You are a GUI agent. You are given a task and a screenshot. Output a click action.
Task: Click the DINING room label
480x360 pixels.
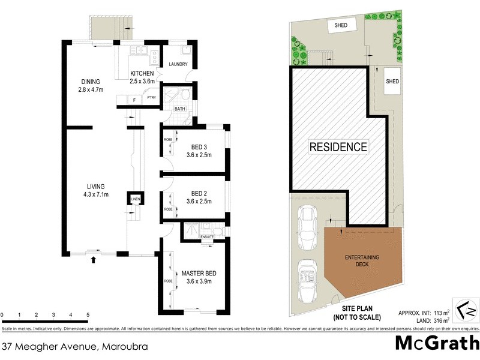(91, 82)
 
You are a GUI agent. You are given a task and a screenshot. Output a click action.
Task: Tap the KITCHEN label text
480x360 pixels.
(143, 74)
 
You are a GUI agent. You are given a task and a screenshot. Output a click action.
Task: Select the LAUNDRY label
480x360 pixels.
(178, 64)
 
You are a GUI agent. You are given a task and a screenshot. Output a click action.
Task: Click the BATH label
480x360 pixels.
(179, 109)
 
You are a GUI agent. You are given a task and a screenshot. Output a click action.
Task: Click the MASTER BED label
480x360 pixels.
(200, 273)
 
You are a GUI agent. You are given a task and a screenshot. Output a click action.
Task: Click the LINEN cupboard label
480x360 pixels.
(136, 199)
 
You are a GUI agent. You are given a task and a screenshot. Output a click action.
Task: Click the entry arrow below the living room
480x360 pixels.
(93, 260)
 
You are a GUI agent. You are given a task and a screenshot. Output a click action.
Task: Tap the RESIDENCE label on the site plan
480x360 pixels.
(338, 146)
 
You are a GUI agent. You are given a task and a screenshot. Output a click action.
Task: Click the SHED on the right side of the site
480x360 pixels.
(392, 82)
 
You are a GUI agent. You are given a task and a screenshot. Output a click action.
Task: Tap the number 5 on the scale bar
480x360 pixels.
(88, 315)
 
